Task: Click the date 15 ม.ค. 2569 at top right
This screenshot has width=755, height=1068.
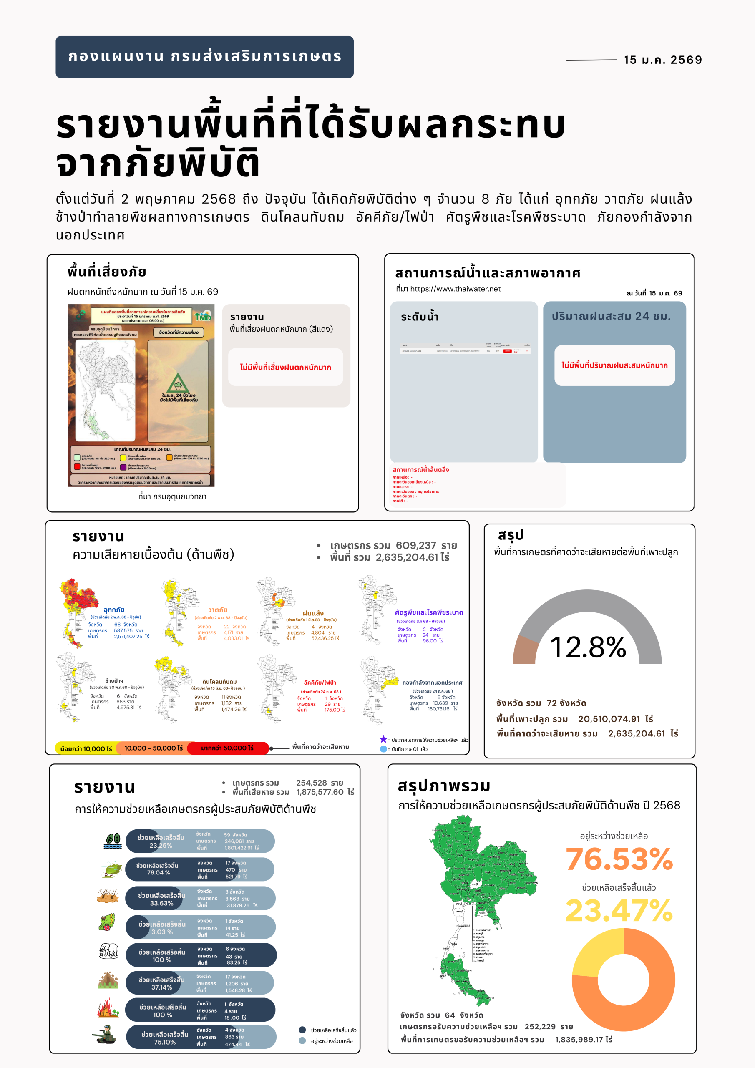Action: pyautogui.click(x=662, y=60)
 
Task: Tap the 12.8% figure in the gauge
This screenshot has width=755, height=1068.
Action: pyautogui.click(x=588, y=647)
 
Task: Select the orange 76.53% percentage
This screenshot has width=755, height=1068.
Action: pyautogui.click(x=619, y=859)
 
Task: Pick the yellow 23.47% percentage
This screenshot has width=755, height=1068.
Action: pyautogui.click(x=619, y=910)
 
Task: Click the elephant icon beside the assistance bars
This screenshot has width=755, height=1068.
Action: pyautogui.click(x=109, y=951)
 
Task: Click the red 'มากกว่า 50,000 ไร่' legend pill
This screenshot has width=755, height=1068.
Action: pyautogui.click(x=227, y=748)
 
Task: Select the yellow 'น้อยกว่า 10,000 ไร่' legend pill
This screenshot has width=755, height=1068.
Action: pyautogui.click(x=86, y=748)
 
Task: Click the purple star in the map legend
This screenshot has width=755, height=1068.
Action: pyautogui.click(x=383, y=739)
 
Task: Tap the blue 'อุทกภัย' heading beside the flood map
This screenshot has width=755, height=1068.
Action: pyautogui.click(x=114, y=610)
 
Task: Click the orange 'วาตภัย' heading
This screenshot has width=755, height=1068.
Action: pyautogui.click(x=218, y=610)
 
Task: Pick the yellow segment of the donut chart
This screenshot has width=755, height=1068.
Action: pyautogui.click(x=598, y=949)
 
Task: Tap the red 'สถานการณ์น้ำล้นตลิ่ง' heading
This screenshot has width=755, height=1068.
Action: pyautogui.click(x=420, y=470)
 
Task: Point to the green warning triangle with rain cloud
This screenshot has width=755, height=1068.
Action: pyautogui.click(x=178, y=383)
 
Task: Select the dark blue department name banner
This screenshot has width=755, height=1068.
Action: pyautogui.click(x=205, y=57)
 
